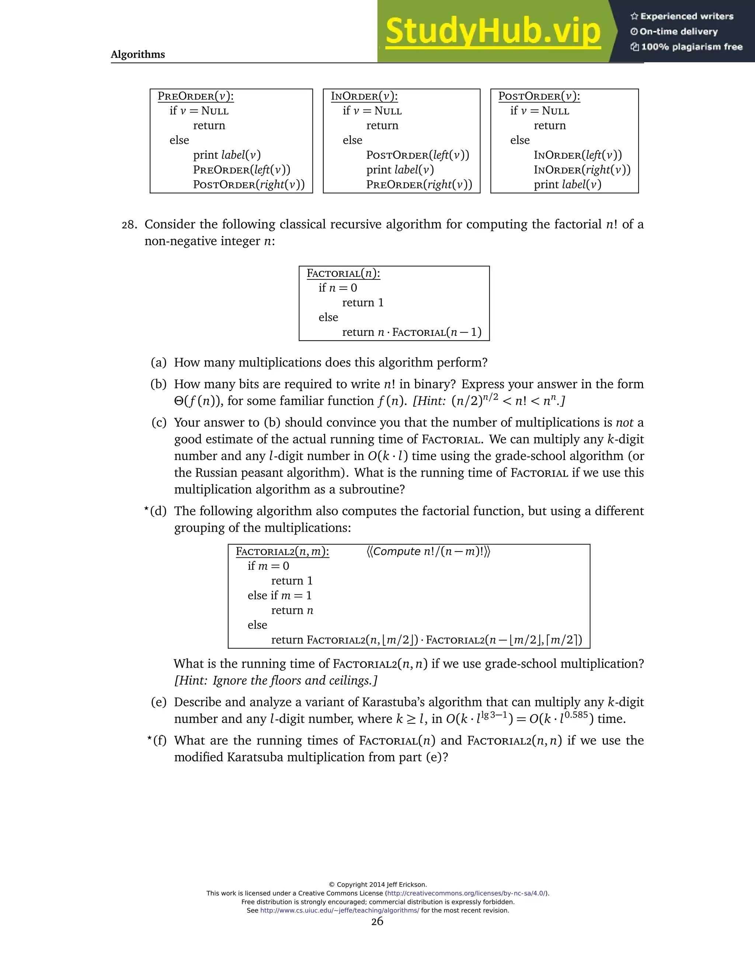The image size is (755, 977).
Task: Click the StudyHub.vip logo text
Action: pos(493,31)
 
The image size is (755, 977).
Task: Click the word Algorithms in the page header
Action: pos(138,55)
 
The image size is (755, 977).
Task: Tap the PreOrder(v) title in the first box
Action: pos(195,96)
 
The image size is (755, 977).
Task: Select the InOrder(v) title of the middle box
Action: pos(364,96)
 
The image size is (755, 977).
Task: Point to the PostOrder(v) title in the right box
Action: pos(539,96)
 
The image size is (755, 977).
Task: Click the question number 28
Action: pos(129,225)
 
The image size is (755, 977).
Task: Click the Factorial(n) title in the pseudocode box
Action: pos(343,273)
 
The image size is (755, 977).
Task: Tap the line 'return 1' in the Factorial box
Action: pos(363,303)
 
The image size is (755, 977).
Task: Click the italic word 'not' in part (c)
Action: pos(624,423)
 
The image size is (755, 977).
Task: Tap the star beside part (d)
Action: pos(147,509)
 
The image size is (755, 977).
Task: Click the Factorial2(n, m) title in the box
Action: pos(282,552)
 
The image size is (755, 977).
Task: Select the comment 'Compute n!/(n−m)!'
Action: pos(428,552)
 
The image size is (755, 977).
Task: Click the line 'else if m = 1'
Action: pos(279,595)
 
